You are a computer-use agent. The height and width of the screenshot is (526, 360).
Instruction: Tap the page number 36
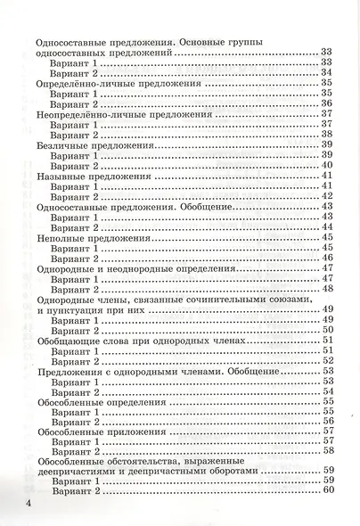(x=327, y=103)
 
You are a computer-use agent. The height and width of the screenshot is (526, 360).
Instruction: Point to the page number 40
(x=327, y=165)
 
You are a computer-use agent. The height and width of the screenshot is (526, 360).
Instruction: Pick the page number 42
(x=327, y=196)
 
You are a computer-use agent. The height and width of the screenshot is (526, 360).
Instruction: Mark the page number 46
(x=327, y=258)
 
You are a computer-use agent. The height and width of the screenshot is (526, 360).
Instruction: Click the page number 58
(x=327, y=451)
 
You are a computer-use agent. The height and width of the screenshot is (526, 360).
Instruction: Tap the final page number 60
(x=327, y=491)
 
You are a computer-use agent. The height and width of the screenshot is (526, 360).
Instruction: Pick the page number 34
(x=327, y=73)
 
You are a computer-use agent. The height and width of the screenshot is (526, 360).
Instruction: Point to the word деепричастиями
(x=86, y=471)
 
